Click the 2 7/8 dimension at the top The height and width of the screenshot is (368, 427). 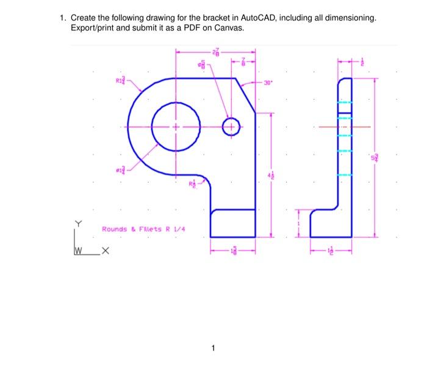[215, 52]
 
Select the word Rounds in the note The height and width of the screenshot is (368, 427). [114, 229]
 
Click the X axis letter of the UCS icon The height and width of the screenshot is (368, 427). [106, 250]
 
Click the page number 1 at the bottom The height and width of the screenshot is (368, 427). [213, 349]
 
